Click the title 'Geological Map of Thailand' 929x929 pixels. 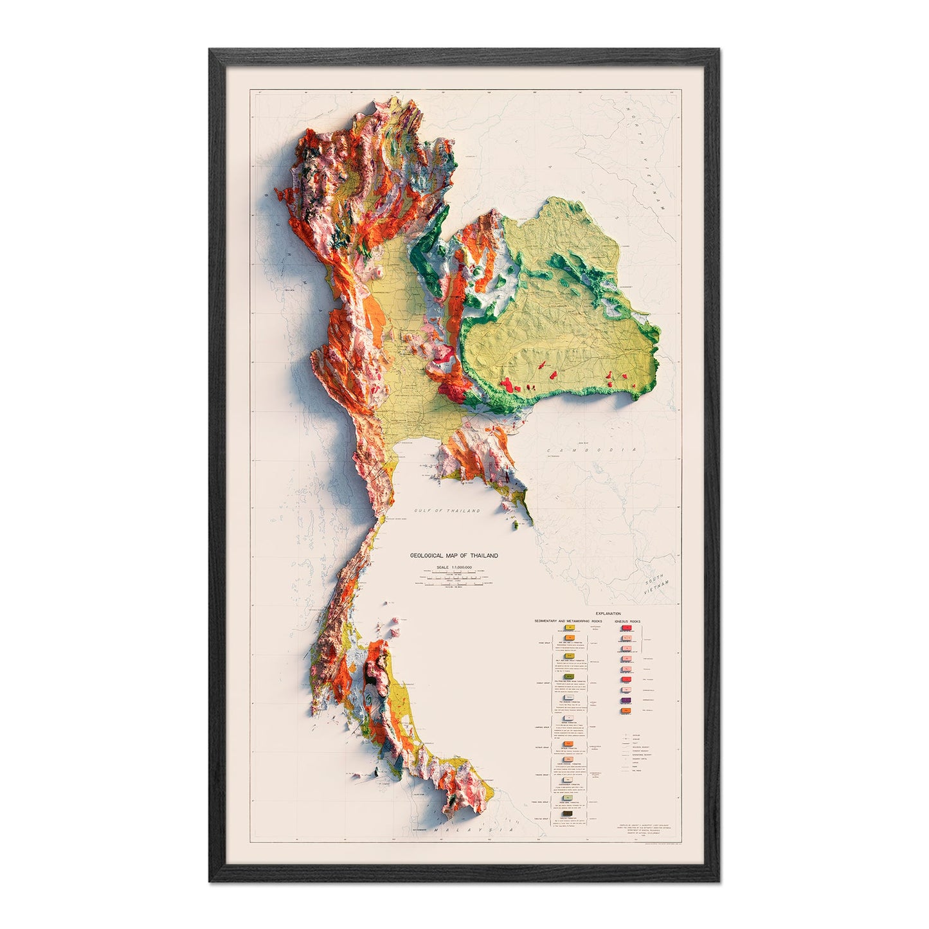click(x=454, y=555)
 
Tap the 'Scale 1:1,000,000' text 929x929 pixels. click(x=454, y=567)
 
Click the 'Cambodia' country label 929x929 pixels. click(x=591, y=451)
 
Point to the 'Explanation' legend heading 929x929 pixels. click(x=609, y=614)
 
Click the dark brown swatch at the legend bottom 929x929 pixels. click(x=568, y=814)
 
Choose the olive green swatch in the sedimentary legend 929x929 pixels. click(x=568, y=676)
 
